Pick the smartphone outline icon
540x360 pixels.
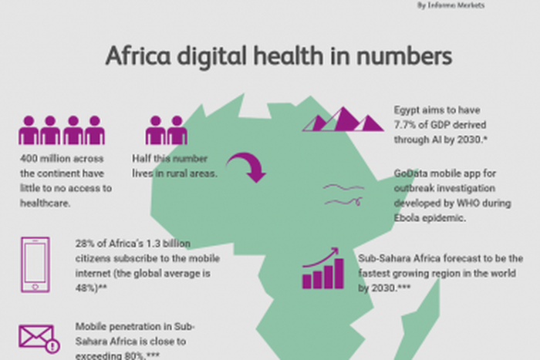point(35,264)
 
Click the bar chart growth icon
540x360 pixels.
point(322,268)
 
